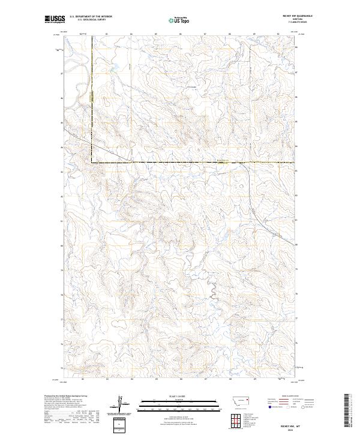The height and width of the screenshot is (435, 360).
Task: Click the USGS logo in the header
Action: pos(54,20)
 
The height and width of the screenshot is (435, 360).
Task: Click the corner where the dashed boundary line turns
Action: pos(92,163)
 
